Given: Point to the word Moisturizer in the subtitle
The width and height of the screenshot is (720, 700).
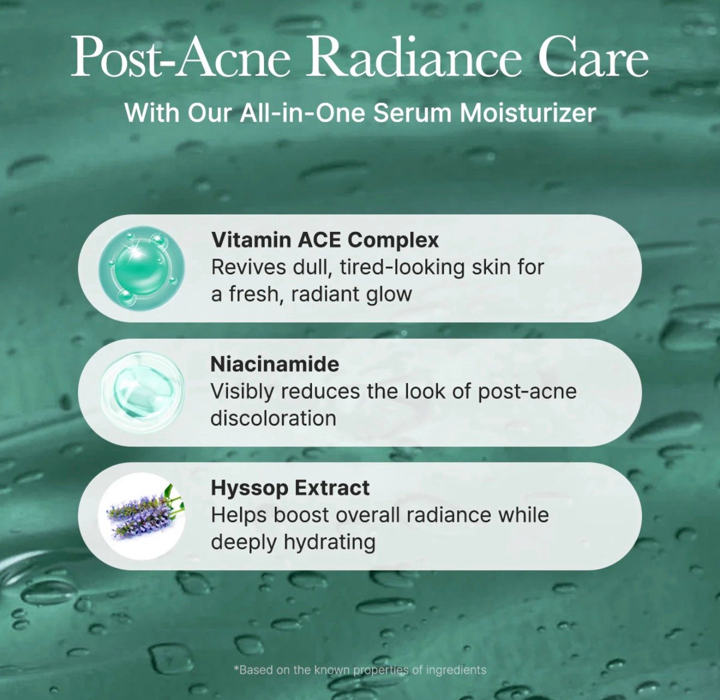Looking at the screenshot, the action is point(528,113).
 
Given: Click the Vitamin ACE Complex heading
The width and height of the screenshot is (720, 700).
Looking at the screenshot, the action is point(325,240).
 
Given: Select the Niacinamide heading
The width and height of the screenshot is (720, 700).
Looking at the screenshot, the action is point(274,364).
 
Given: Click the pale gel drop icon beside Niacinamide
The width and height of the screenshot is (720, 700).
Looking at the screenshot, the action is point(142,391).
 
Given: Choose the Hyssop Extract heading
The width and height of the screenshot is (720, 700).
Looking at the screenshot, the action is point(290,488).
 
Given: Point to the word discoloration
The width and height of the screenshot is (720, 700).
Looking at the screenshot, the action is point(273,418).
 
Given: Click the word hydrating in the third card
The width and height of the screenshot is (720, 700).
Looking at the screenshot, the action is point(329,543).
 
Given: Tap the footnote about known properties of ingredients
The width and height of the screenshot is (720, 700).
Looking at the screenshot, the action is point(360,670).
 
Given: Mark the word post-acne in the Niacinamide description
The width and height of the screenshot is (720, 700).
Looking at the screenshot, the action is point(527,392).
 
